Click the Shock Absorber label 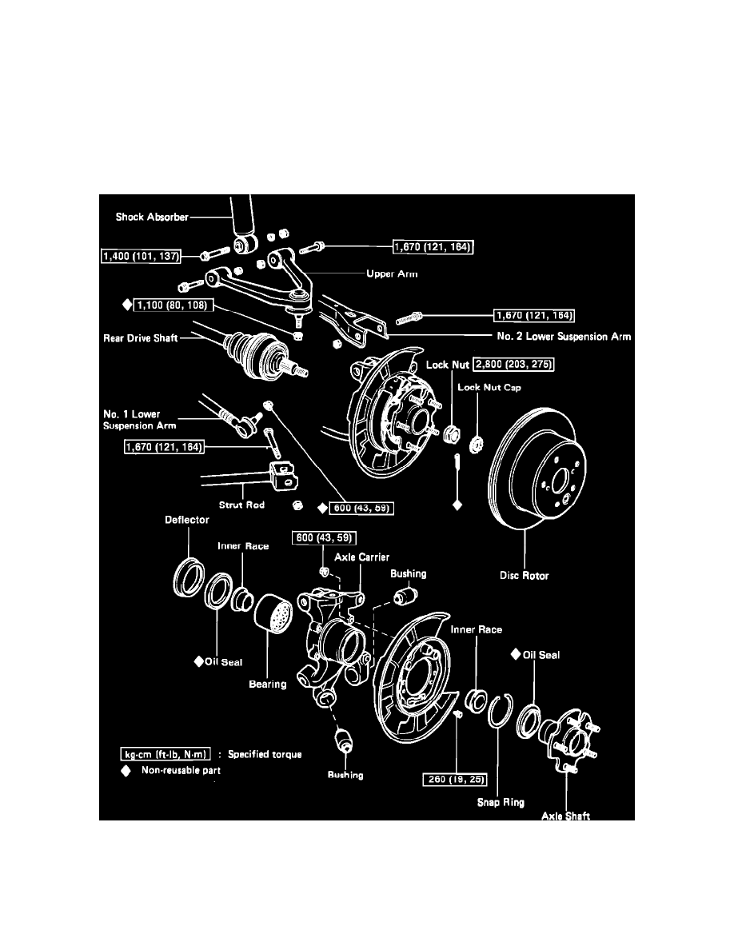pos(150,218)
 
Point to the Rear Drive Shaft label pos(141,339)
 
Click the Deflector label pos(187,520)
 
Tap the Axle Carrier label pos(363,557)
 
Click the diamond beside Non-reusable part pos(125,771)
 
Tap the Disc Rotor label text pos(525,576)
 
